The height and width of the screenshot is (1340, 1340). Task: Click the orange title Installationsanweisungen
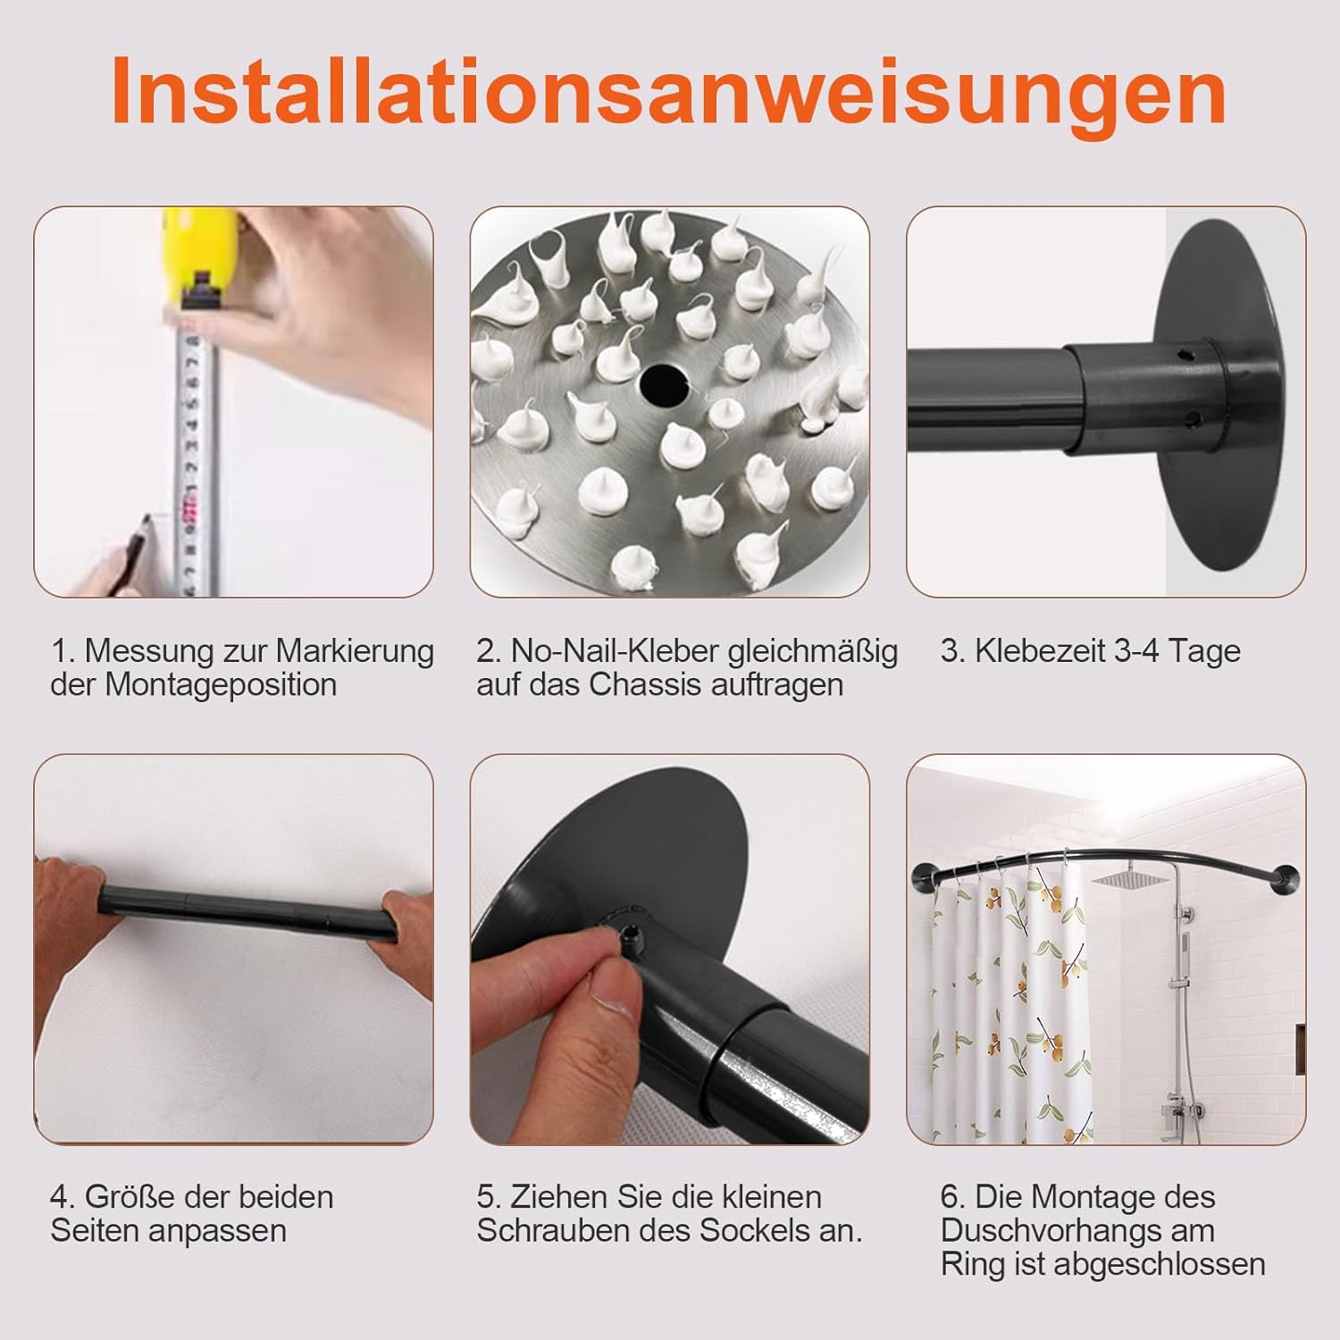(669, 93)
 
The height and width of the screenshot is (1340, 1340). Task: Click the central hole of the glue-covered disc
(662, 381)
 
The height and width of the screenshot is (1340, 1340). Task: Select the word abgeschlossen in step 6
(1160, 1264)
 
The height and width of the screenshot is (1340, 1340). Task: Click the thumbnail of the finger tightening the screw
(670, 949)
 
